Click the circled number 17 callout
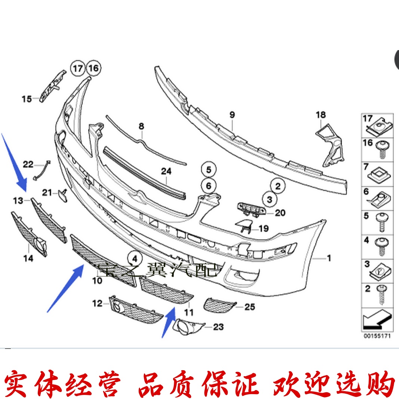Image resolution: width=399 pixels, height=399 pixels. (77, 68)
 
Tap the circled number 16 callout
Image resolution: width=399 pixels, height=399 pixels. (93, 68)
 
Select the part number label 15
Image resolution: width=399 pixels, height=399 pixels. (27, 99)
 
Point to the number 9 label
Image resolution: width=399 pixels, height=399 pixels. (232, 115)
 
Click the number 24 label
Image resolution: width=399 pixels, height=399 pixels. (166, 171)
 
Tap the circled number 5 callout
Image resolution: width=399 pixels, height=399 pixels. (209, 170)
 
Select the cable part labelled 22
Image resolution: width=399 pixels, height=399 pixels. (42, 170)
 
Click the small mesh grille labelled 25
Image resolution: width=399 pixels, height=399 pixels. (220, 305)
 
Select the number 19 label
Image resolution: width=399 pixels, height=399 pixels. (264, 228)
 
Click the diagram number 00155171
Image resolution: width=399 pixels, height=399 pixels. (377, 336)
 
